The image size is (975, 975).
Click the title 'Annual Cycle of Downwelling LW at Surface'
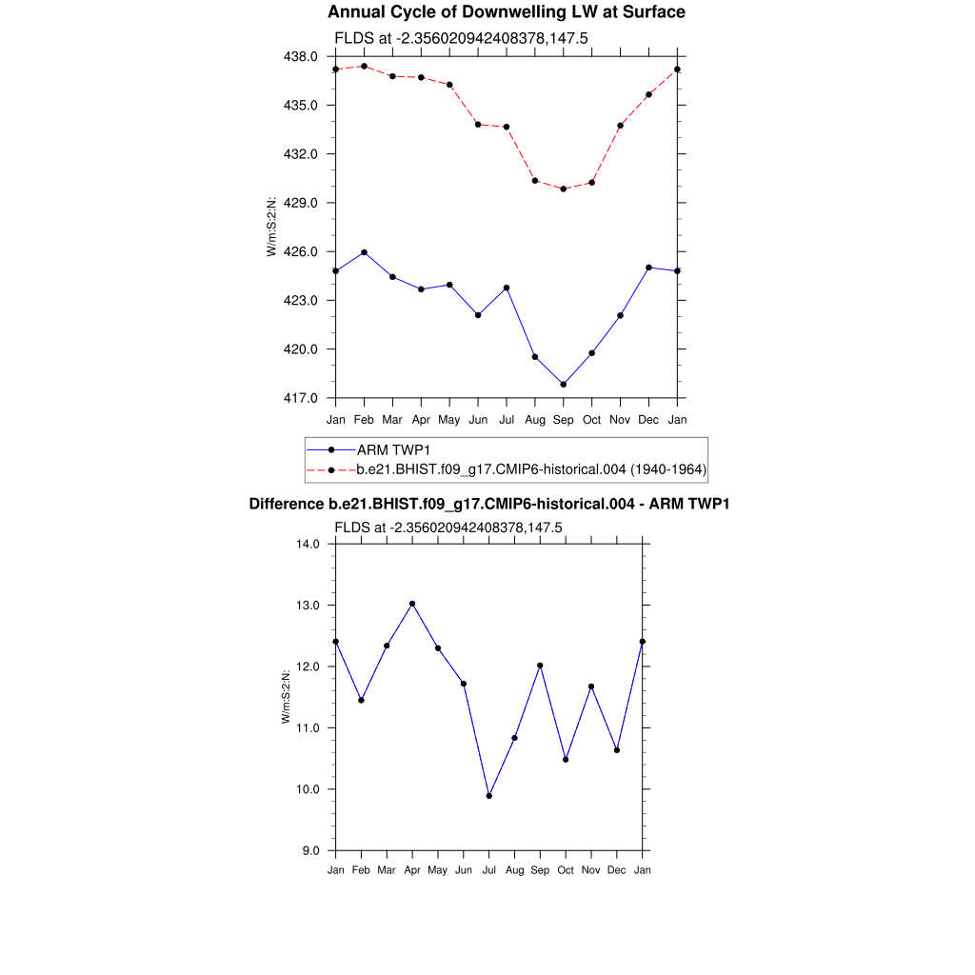tap(506, 12)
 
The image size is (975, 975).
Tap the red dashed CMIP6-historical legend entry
tap(531, 469)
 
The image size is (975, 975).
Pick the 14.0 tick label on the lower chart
tap(308, 544)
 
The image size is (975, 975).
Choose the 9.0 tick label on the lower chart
tap(311, 850)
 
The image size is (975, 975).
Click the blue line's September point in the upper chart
tap(564, 385)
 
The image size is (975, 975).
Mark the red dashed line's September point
tap(564, 189)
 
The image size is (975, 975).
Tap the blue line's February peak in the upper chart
tap(364, 252)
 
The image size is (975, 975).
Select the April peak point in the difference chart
tap(412, 604)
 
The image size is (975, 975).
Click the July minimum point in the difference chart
tap(489, 796)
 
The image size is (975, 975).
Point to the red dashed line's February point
tap(364, 66)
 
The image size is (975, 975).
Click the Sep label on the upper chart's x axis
tap(564, 419)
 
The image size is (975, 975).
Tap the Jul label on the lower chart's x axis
tap(489, 870)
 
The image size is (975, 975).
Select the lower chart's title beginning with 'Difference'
tap(488, 504)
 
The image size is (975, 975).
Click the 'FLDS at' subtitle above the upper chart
tap(448, 39)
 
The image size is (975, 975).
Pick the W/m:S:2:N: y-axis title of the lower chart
tap(286, 697)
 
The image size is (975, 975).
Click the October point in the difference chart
tap(566, 759)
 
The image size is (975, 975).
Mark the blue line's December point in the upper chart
tap(649, 268)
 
